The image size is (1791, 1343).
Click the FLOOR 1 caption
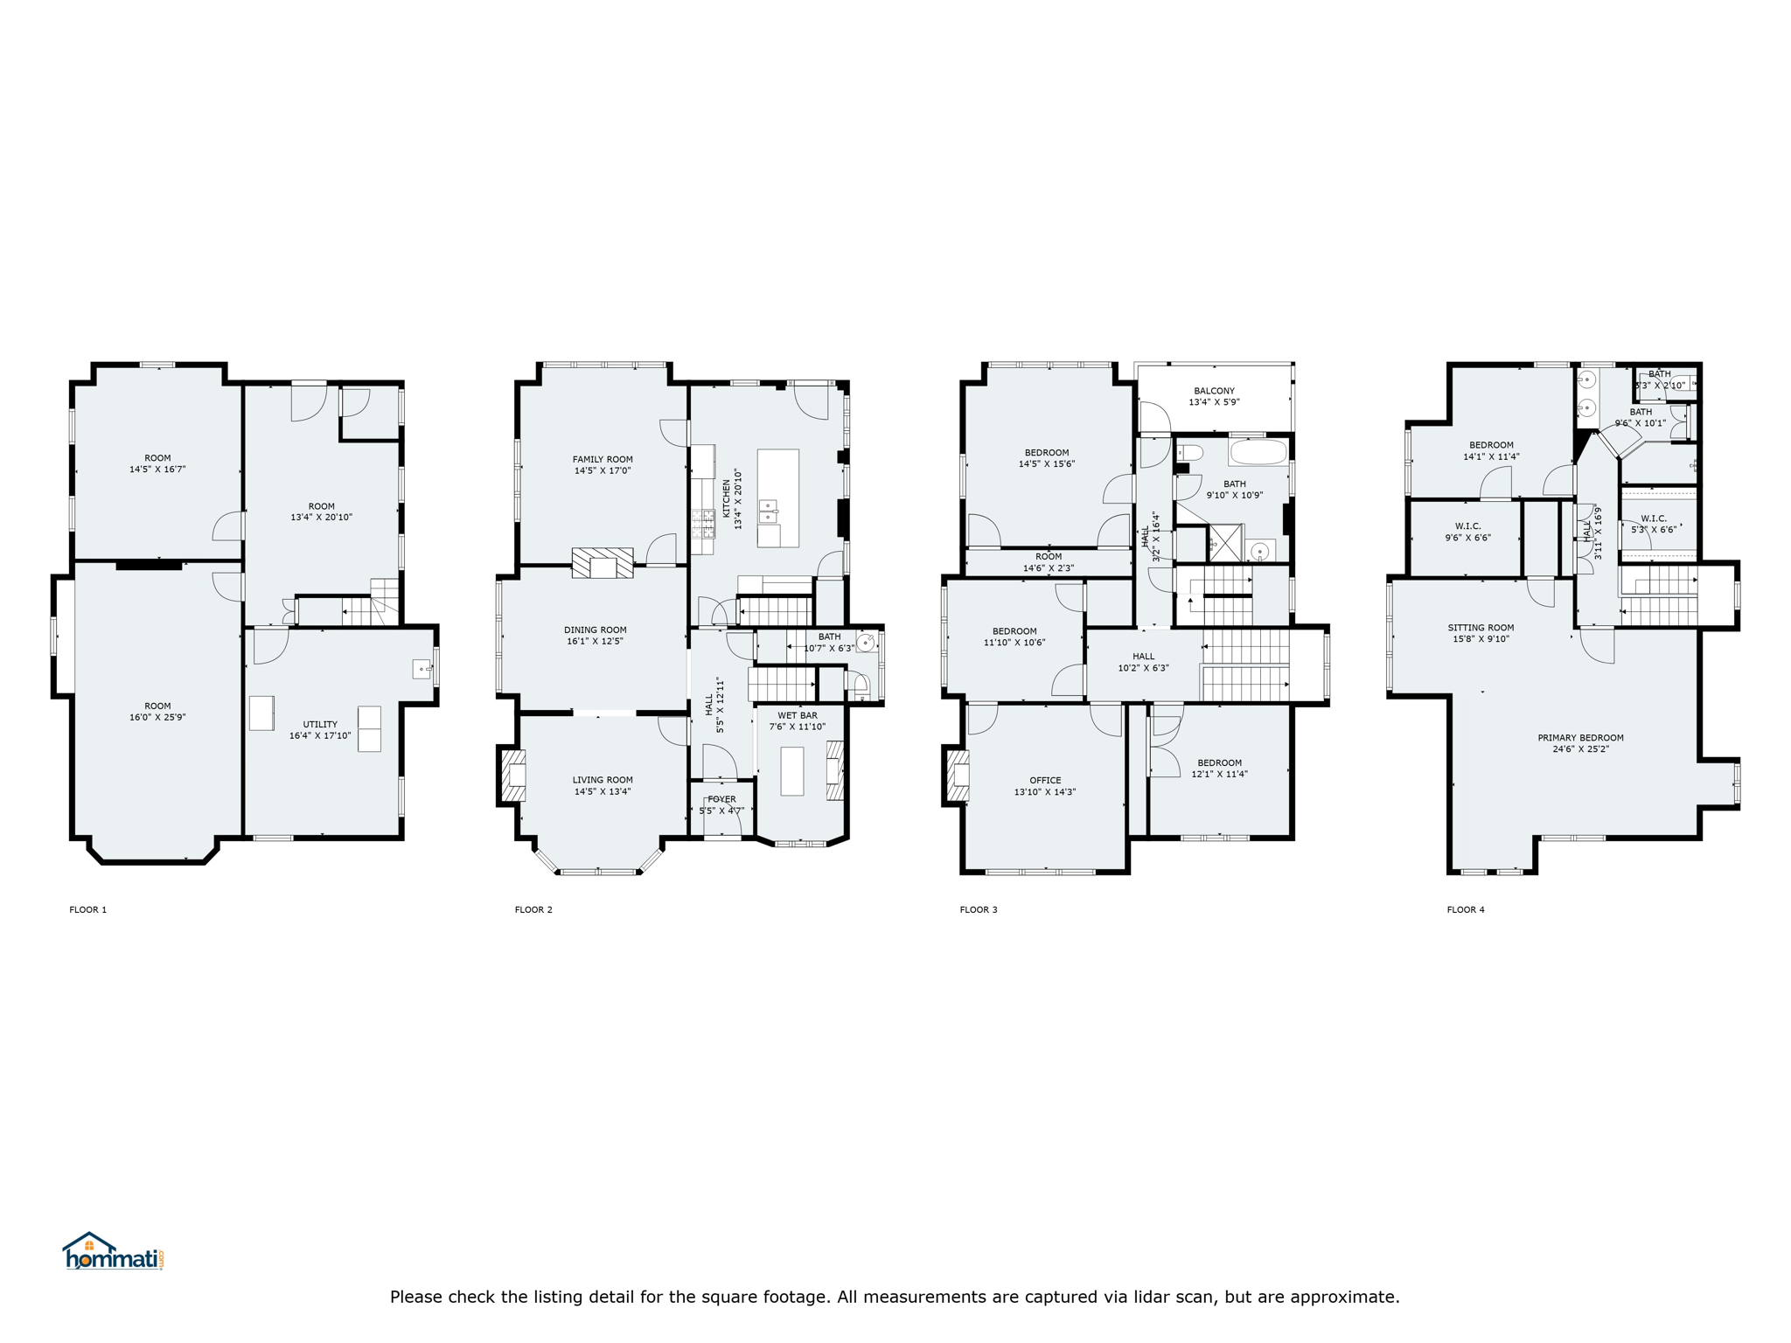click(88, 909)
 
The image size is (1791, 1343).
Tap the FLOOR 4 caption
click(1466, 909)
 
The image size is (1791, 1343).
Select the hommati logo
click(113, 1251)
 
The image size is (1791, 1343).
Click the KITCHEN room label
click(726, 498)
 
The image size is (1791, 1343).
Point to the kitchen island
click(777, 498)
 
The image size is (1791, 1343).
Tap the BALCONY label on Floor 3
click(1214, 391)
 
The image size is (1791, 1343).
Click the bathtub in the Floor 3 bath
click(1258, 452)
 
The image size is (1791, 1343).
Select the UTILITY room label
click(320, 724)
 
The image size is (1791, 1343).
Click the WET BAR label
click(798, 715)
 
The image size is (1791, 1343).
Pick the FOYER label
click(721, 799)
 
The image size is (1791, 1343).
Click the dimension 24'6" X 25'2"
click(1580, 749)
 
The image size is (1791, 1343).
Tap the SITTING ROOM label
click(1481, 627)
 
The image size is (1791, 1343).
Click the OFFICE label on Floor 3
click(1045, 780)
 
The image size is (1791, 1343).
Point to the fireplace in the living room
click(513, 776)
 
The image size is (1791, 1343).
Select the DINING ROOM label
click(595, 630)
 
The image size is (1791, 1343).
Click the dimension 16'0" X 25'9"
click(157, 718)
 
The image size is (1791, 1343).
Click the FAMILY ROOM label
click(603, 459)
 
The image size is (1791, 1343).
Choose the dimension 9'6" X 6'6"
click(1467, 538)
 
